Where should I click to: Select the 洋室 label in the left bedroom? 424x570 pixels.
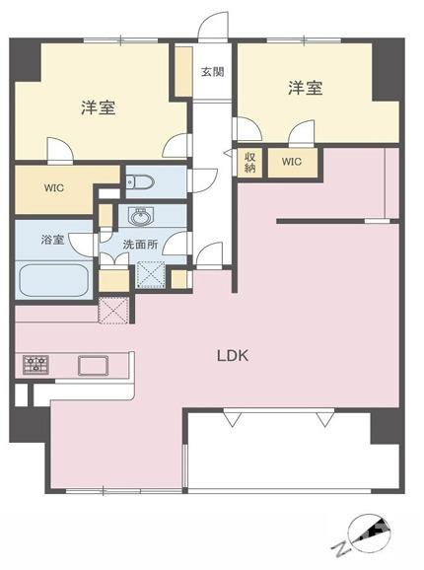(x=98, y=107)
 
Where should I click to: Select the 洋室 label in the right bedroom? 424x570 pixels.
(x=306, y=89)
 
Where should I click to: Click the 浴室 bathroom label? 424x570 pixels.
(x=52, y=239)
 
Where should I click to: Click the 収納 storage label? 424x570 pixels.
(x=250, y=160)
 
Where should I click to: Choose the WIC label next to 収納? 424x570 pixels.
(x=292, y=162)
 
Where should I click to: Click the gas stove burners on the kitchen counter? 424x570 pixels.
(x=36, y=364)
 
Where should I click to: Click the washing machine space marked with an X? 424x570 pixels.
(x=150, y=273)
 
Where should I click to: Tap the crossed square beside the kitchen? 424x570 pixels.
(x=113, y=310)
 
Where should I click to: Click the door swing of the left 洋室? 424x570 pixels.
(x=60, y=150)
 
